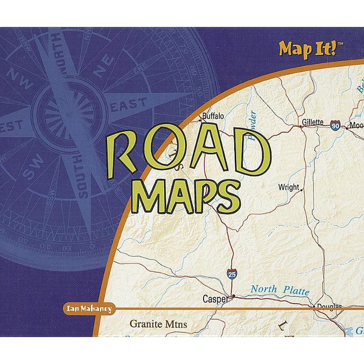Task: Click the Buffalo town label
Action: pyautogui.click(x=213, y=116)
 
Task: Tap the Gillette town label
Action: pyautogui.click(x=313, y=122)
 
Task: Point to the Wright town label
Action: pyautogui.click(x=288, y=187)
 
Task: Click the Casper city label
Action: pyautogui.click(x=215, y=299)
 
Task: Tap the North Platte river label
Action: pyautogui.click(x=280, y=290)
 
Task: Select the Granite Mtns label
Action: pyautogui.click(x=158, y=324)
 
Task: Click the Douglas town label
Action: pyautogui.click(x=329, y=306)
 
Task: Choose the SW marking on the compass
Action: pyautogui.click(x=33, y=169)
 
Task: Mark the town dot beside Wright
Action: pyautogui.click(x=301, y=190)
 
